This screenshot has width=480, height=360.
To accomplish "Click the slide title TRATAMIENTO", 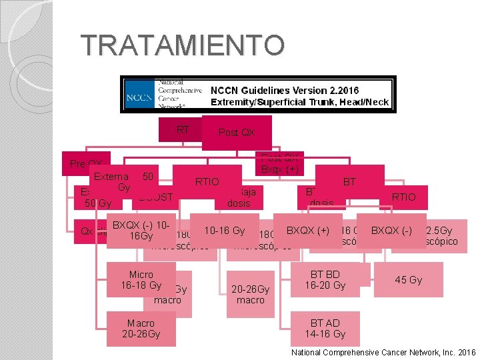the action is click(183, 45).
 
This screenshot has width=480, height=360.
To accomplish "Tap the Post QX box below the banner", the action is click(237, 133).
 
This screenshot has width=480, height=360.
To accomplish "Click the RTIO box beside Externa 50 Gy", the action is click(207, 181).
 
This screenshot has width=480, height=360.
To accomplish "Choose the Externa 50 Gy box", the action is click(124, 182).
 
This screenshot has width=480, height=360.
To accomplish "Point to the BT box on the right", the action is click(349, 181).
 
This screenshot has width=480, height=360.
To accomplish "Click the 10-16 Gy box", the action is click(224, 230).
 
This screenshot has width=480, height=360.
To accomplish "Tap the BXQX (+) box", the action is click(308, 230).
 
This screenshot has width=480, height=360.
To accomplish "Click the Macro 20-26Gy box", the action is click(141, 329).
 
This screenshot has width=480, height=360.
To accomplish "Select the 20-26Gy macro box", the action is click(251, 295).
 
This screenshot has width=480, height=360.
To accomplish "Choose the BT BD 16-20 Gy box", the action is click(325, 279).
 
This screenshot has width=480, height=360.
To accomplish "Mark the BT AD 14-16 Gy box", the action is click(325, 329).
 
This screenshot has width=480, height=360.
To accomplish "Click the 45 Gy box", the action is click(408, 279).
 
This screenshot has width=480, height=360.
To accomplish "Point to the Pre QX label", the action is click(87, 164).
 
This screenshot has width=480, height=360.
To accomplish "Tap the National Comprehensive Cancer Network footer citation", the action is click(383, 351).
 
